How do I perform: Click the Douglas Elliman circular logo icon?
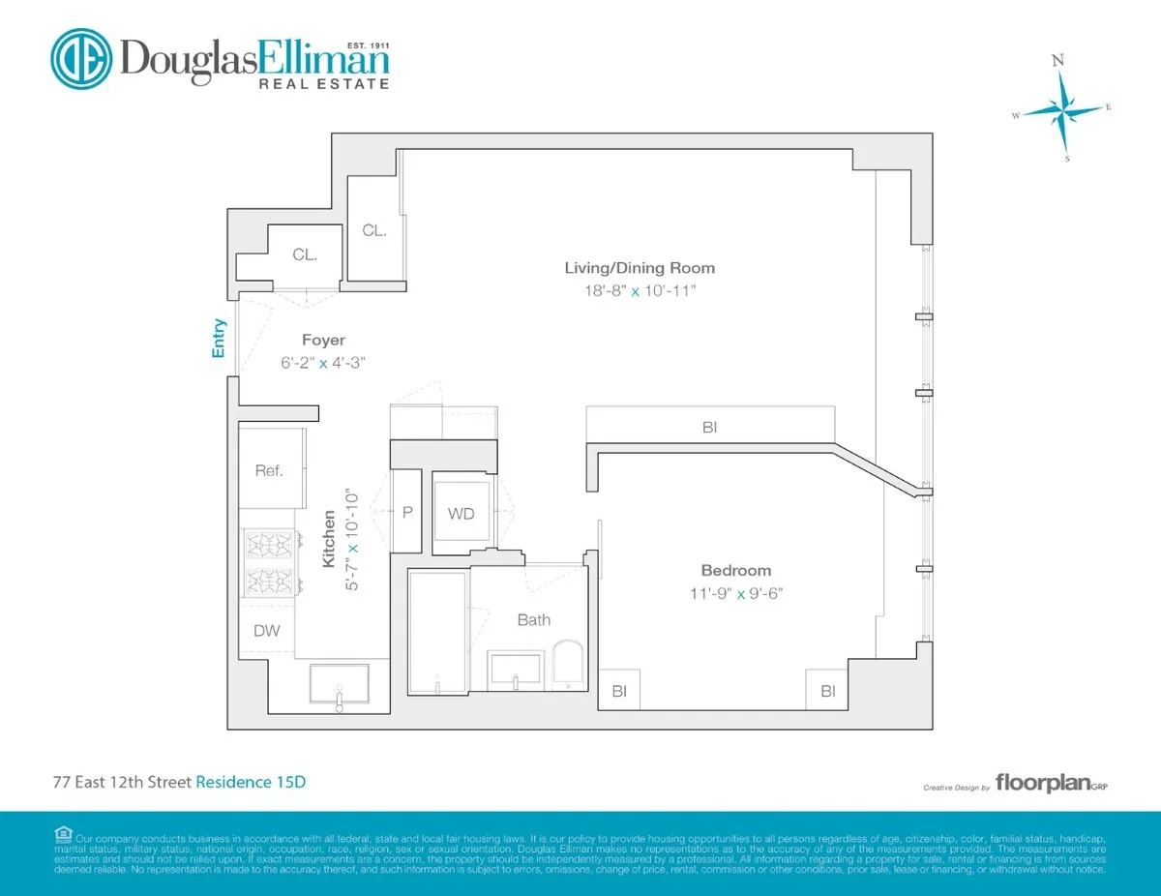point(80,59)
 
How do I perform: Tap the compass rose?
point(1062,111)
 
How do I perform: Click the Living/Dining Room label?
point(640,268)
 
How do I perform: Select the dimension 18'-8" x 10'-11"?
point(640,290)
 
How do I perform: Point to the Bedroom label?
point(736,571)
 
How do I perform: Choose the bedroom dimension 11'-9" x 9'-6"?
point(736,593)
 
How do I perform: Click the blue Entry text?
point(220,339)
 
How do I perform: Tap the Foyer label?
point(323,340)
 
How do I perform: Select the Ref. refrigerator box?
point(270,470)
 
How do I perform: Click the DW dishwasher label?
point(267,631)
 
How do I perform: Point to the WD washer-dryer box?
point(461,514)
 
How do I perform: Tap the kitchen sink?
point(339,684)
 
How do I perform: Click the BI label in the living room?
point(710,426)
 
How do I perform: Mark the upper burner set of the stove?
point(270,545)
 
